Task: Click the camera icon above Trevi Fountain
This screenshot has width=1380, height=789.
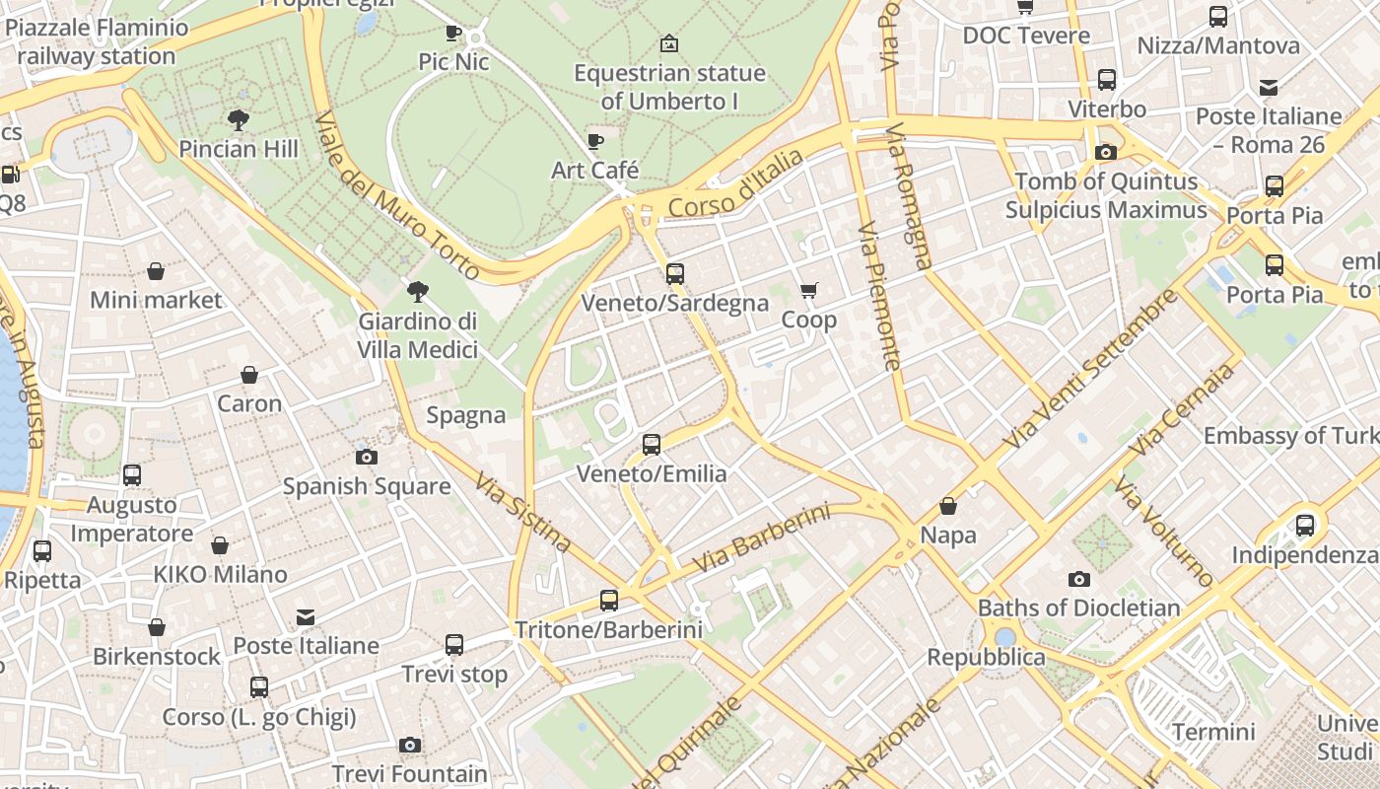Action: [x=410, y=745]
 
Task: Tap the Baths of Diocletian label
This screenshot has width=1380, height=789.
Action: [x=1078, y=608]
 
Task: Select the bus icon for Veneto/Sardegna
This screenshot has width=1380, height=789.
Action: [x=675, y=273]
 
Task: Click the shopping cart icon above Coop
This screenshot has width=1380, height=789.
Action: [x=809, y=290]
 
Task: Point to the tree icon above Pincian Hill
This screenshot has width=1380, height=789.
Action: [x=238, y=120]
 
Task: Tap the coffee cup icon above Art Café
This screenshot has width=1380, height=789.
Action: [x=595, y=141]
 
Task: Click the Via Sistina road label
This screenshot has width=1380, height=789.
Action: [x=522, y=512]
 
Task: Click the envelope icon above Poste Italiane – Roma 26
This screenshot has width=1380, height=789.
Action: [x=1269, y=88]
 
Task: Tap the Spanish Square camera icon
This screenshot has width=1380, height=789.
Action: [x=367, y=457]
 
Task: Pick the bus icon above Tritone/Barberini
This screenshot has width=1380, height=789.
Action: [x=609, y=600]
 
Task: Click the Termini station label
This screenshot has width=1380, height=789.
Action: [x=1213, y=732]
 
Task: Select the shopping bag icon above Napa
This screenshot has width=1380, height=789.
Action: [x=948, y=506]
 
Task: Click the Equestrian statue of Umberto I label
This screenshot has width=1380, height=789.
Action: [x=669, y=87]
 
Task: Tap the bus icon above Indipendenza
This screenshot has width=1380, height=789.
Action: [x=1305, y=525]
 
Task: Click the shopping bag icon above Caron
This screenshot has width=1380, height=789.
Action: [x=249, y=375]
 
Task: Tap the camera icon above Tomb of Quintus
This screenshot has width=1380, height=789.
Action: [x=1106, y=152]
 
